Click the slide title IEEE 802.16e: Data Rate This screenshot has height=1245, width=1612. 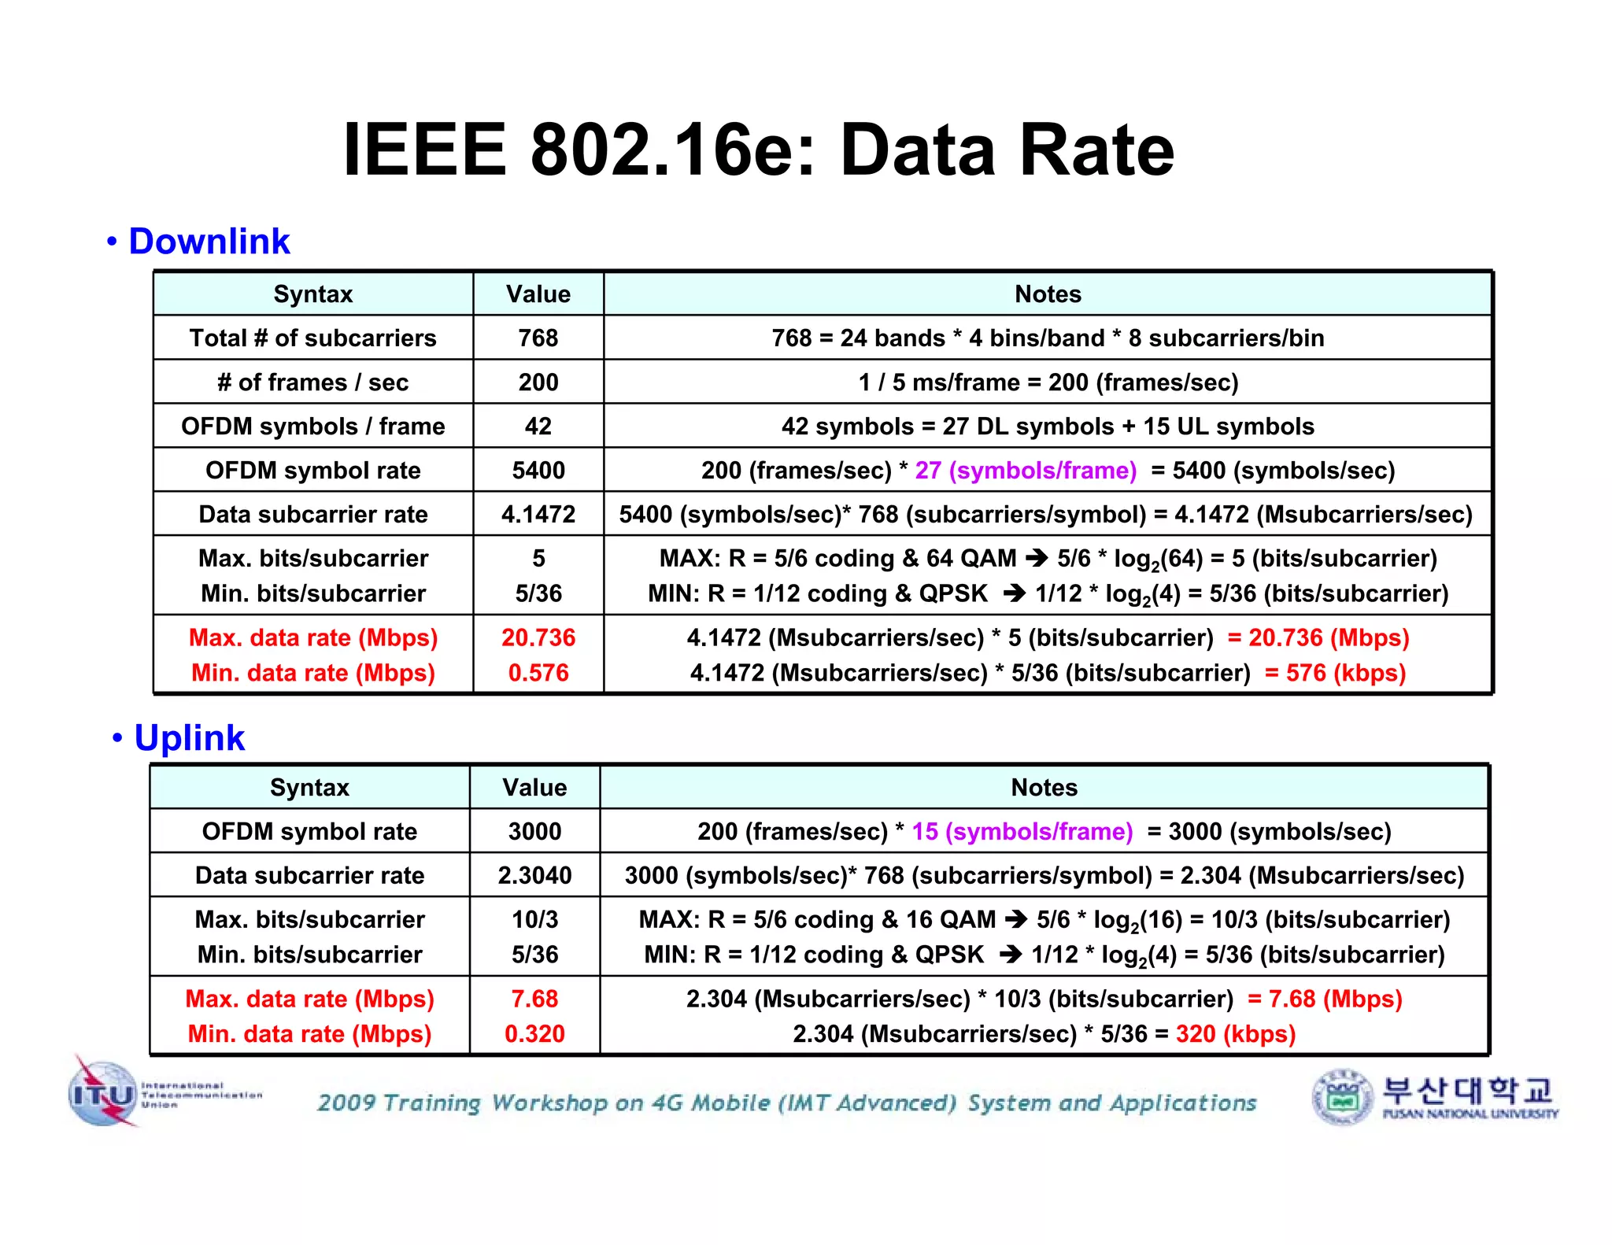(x=758, y=150)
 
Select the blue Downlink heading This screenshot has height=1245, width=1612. (x=209, y=241)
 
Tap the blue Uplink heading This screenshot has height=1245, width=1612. (x=189, y=737)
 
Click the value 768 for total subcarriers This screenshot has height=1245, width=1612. (x=538, y=338)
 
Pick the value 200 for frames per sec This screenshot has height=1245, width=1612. (x=538, y=382)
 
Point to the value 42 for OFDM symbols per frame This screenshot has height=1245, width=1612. (x=538, y=426)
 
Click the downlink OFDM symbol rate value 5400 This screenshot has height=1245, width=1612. (x=538, y=470)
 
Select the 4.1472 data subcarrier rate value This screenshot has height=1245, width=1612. (x=538, y=514)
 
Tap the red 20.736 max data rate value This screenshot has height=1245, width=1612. (x=538, y=637)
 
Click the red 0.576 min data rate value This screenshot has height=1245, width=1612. (x=538, y=672)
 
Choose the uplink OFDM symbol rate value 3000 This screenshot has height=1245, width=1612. (x=534, y=831)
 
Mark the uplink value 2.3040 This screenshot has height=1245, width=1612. (x=534, y=875)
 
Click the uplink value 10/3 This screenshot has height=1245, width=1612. (x=534, y=919)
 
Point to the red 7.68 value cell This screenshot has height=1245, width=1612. (x=534, y=998)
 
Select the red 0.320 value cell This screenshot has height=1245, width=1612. (x=534, y=1033)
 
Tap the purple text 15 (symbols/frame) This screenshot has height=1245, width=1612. (x=1022, y=831)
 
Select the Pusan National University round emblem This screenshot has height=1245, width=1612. (x=1343, y=1096)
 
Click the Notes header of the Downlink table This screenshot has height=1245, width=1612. (x=1048, y=294)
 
